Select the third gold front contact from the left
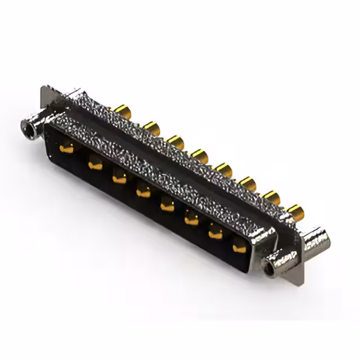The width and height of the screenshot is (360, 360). [119, 179]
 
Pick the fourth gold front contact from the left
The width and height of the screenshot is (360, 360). [143, 193]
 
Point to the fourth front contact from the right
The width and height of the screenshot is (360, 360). [167, 206]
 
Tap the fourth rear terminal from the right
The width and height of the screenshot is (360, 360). [224, 169]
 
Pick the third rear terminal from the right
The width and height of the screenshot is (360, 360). [247, 183]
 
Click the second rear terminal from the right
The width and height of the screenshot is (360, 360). [271, 197]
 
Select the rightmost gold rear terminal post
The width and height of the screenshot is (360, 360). [295, 211]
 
